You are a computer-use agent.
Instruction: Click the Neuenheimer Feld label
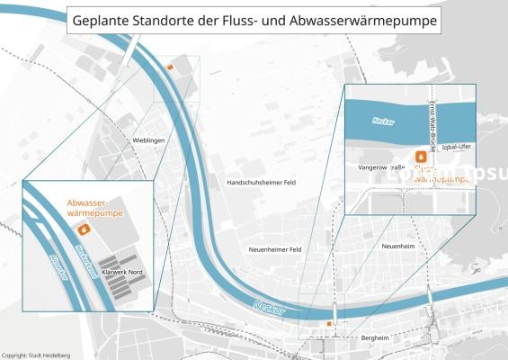point(275,249)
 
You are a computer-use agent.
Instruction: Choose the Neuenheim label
point(397,245)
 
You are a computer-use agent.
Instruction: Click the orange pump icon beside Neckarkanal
point(86,229)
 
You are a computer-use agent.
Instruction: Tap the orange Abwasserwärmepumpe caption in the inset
point(94,209)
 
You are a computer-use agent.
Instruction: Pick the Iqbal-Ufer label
point(457,146)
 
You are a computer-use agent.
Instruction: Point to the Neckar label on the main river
point(269,307)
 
